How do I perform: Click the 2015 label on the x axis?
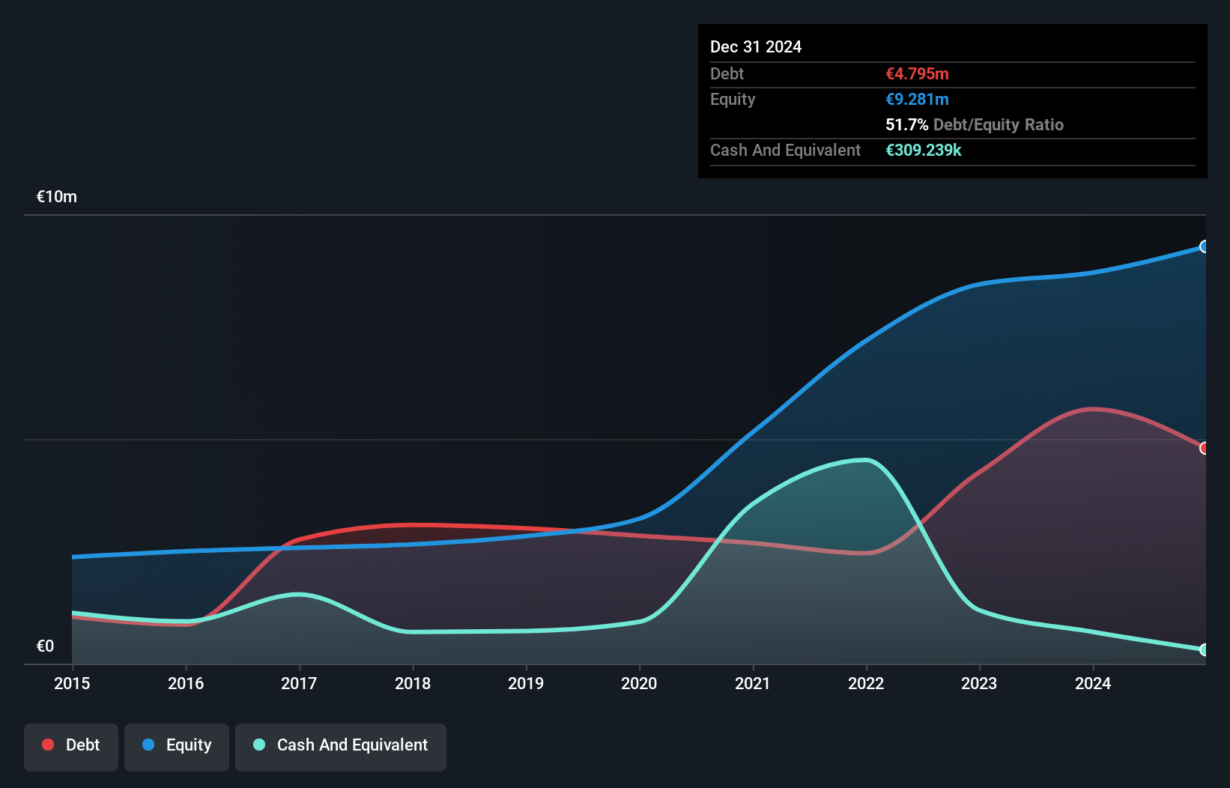(x=72, y=683)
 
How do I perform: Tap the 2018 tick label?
(x=413, y=683)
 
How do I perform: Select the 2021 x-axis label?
(x=752, y=683)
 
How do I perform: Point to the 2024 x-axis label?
(x=1092, y=683)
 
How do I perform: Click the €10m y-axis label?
(x=57, y=197)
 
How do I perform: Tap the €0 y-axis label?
(x=45, y=646)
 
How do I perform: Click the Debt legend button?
(x=71, y=745)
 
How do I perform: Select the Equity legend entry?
(x=177, y=745)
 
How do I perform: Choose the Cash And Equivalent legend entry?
(x=341, y=745)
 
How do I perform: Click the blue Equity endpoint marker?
(x=1204, y=246)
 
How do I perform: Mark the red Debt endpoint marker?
(x=1204, y=448)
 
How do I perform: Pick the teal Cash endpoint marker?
(x=1204, y=649)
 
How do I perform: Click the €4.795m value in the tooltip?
(x=917, y=73)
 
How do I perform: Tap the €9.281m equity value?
(x=917, y=99)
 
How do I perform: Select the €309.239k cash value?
(x=923, y=150)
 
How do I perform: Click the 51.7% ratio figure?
(x=906, y=124)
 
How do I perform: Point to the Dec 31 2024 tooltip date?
(x=755, y=46)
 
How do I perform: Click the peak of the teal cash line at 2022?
(x=865, y=460)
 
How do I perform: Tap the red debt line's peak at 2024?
(x=1092, y=409)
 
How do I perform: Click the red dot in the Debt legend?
(x=48, y=745)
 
